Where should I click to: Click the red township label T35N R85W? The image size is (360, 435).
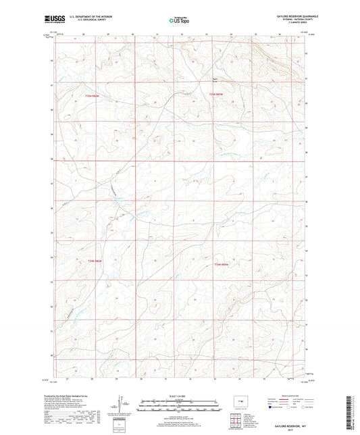point(216,95)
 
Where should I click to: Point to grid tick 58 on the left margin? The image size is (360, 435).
point(52,160)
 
